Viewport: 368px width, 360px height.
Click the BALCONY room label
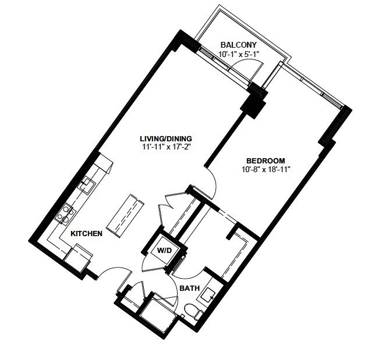click(239, 45)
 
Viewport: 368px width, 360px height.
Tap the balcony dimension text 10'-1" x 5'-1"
click(239, 54)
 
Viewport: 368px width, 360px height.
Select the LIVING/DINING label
click(166, 138)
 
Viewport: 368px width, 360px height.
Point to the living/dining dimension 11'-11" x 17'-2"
click(166, 147)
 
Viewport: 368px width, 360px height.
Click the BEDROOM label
click(266, 161)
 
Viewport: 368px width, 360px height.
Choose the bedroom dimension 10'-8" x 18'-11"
click(265, 169)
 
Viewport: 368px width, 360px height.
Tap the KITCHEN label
click(87, 233)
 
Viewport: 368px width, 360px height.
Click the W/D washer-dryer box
click(164, 251)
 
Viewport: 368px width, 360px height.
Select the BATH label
click(189, 288)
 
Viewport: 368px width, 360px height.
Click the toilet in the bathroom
click(194, 311)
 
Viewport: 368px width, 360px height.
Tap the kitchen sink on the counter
click(86, 185)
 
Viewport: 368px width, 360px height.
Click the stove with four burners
click(65, 214)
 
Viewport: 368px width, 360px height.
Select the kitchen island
click(125, 214)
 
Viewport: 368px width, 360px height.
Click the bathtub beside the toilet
click(158, 309)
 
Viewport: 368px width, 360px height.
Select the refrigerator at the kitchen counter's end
click(79, 255)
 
